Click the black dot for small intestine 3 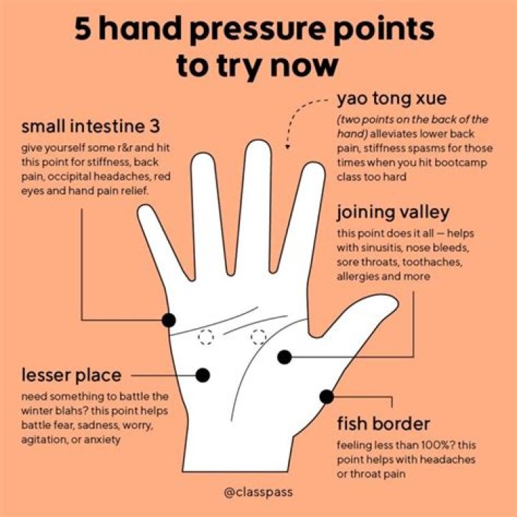point(169,320)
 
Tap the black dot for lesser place point(202,374)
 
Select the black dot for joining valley point(285,356)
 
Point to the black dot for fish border point(327,396)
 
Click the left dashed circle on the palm point(207,337)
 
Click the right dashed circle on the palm point(258,336)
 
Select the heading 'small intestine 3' point(90,127)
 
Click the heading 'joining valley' point(393,212)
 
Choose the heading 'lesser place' point(70,374)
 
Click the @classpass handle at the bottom point(258,493)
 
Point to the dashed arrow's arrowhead point(287,146)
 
